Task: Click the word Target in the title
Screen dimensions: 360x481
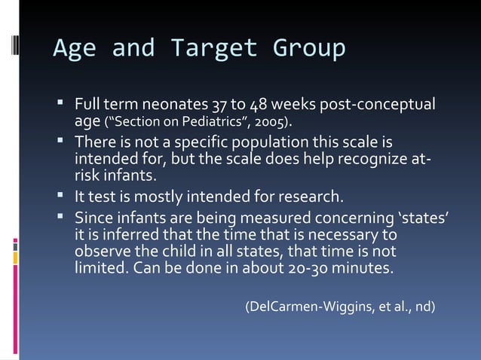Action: [213, 48]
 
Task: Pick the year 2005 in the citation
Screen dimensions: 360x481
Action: [271, 121]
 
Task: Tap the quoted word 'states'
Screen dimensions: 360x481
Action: [424, 218]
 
